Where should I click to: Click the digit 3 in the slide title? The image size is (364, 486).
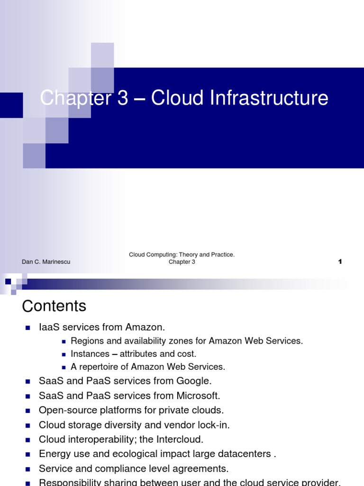pos(122,98)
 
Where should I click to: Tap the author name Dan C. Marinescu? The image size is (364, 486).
pos(46,262)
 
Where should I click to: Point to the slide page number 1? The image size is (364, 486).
pos(340,262)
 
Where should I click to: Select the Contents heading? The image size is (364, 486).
pos(54,306)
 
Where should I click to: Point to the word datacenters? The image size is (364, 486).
pos(244,454)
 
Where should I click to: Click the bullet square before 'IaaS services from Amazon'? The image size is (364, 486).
pos(27,327)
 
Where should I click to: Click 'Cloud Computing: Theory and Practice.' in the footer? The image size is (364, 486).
pos(182,255)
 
